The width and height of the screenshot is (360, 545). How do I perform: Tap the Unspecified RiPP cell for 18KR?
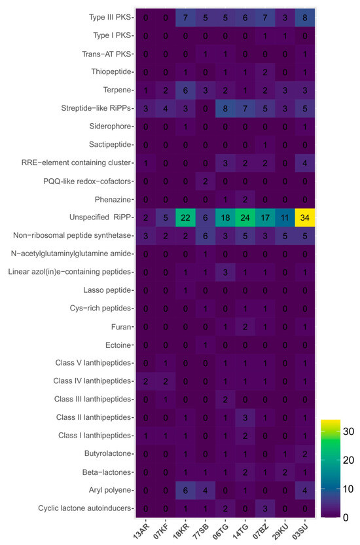(x=187, y=217)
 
